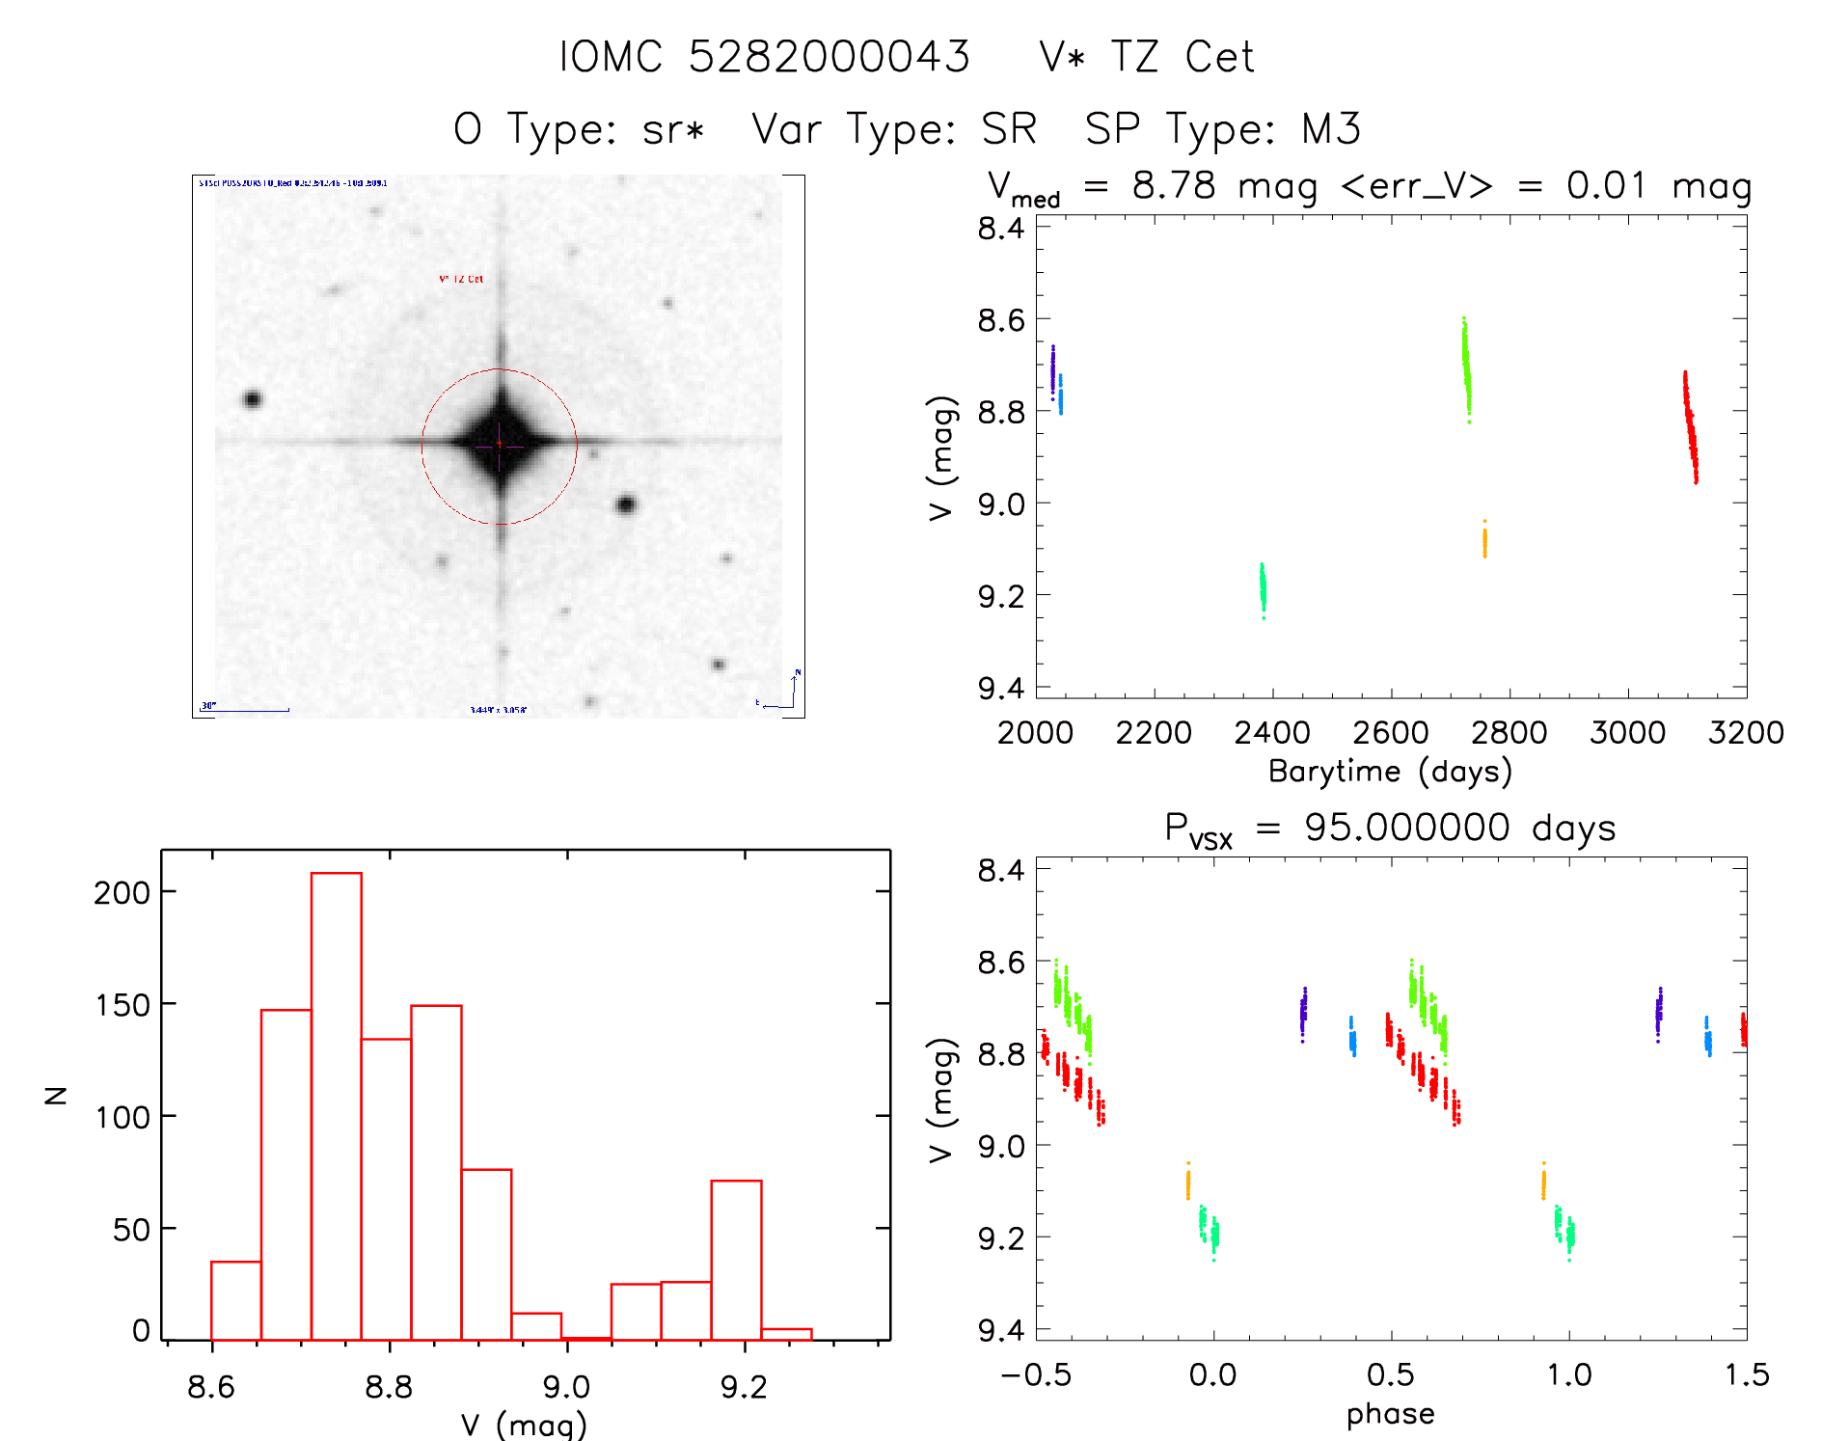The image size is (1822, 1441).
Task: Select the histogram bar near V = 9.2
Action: pos(736,1259)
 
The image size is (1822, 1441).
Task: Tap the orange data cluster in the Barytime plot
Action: pos(1484,540)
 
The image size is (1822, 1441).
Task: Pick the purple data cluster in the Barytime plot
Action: pos(1052,371)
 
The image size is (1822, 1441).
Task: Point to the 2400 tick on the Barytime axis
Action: pos(1272,732)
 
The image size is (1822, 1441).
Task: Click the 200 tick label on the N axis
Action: pos(122,892)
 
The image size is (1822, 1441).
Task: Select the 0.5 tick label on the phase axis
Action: pos(1391,1374)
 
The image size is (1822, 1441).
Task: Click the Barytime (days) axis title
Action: pos(1390,772)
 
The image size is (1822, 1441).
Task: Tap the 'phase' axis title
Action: pos(1390,1414)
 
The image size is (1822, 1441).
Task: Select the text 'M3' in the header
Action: pos(1331,129)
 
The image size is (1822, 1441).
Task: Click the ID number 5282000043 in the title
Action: pos(829,57)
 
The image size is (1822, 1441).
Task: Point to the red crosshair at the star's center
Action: pos(500,444)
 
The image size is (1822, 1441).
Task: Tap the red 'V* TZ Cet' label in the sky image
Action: pos(461,279)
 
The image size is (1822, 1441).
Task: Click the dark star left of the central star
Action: pos(253,398)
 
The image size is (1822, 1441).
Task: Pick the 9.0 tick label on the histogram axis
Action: pos(566,1387)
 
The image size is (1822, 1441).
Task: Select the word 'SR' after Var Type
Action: pos(1009,129)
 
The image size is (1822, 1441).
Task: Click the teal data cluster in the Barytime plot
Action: pos(1263,587)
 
